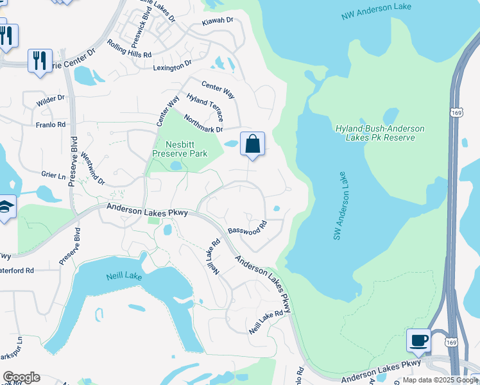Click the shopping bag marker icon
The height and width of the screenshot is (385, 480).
coord(253,144)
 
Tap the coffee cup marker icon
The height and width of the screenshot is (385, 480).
coord(419,340)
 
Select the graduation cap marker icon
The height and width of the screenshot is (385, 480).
coord(5,207)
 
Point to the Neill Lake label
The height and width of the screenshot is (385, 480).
coord(124,276)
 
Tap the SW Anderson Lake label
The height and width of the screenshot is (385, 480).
coord(341,206)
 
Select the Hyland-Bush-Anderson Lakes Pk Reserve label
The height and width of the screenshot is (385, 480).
coord(379,133)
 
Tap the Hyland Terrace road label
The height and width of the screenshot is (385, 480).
coord(205,107)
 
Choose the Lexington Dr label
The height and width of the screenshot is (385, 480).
coord(172,65)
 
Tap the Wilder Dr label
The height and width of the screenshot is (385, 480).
coord(51,99)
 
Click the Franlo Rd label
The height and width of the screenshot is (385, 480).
coord(51,124)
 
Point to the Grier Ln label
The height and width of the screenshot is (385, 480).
coord(54,175)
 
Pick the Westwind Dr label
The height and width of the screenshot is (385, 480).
coord(94,171)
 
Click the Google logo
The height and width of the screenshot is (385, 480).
coord(21,377)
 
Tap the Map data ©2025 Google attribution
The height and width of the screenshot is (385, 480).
coord(440,379)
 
